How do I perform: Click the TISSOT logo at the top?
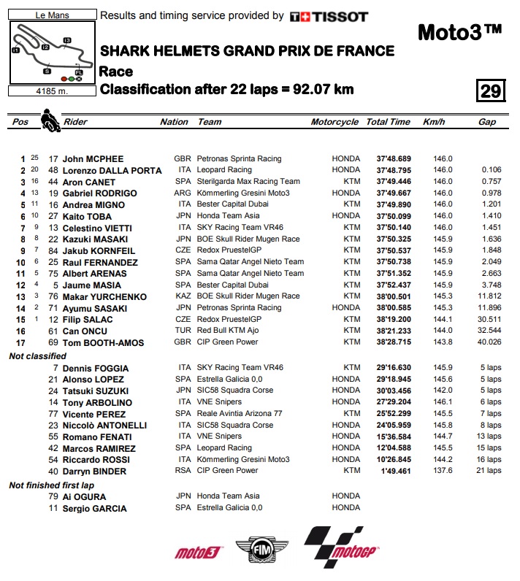(x=329, y=16)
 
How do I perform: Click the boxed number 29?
(x=490, y=91)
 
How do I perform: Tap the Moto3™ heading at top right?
(x=459, y=33)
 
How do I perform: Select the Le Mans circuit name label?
(x=50, y=14)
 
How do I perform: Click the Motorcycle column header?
(x=334, y=122)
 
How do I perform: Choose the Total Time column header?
(x=388, y=122)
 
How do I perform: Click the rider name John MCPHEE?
(x=93, y=158)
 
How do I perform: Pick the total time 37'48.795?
(x=394, y=170)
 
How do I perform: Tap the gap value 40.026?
(x=488, y=342)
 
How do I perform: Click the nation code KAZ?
(x=183, y=296)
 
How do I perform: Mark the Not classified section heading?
(x=37, y=356)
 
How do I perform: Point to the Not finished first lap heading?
(x=52, y=485)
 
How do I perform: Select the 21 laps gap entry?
(x=489, y=471)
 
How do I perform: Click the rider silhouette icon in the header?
(x=50, y=120)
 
